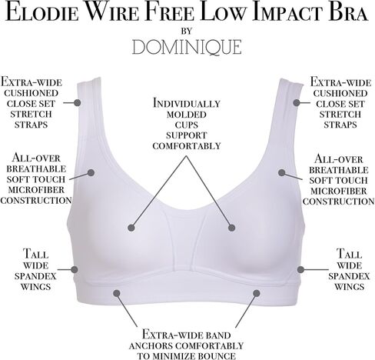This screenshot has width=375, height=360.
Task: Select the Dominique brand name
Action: (x=187, y=47)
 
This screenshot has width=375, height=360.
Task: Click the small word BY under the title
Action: (x=187, y=31)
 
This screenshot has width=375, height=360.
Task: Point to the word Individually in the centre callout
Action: (x=187, y=103)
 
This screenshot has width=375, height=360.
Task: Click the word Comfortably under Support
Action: (x=187, y=146)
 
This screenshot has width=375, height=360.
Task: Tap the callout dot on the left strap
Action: (x=77, y=103)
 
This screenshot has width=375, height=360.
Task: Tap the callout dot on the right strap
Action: (x=297, y=103)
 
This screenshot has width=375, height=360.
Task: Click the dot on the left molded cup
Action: (x=131, y=228)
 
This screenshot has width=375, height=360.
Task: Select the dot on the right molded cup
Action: (x=232, y=228)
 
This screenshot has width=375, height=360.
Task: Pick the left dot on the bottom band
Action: (x=117, y=293)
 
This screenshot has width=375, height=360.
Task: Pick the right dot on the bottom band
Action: (x=257, y=293)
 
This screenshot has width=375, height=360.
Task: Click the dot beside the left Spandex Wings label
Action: (x=75, y=269)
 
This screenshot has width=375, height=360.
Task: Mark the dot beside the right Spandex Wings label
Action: (x=300, y=269)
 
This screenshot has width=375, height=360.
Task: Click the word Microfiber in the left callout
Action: (x=36, y=190)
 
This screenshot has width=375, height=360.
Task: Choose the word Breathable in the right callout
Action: (x=339, y=170)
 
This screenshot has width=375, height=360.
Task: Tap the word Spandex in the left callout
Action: (x=35, y=276)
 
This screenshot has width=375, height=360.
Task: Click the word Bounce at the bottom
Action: (x=217, y=356)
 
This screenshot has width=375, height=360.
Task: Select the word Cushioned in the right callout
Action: (x=340, y=93)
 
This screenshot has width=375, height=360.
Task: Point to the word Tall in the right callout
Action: (x=349, y=254)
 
